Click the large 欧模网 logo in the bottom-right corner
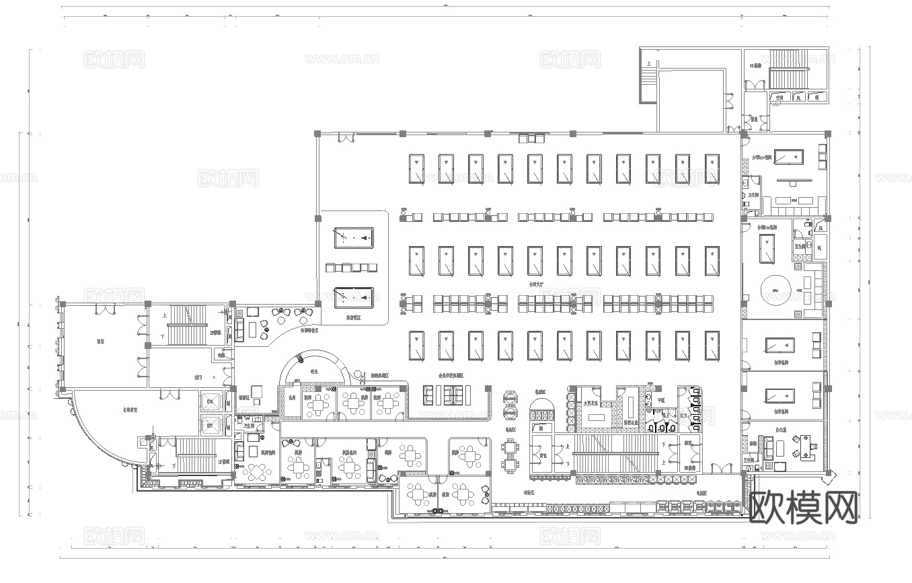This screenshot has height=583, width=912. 803,506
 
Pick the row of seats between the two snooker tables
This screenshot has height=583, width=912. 351,268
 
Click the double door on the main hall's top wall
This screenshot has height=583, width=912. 346,138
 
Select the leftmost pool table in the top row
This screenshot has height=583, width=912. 416,168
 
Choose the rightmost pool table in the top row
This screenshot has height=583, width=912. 712,168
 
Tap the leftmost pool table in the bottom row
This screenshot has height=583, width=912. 416,346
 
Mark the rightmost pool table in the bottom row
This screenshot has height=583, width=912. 712,346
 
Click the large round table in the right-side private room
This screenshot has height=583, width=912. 776,290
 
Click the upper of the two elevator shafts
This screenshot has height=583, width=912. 211,401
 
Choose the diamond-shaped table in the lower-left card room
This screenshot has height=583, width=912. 257,471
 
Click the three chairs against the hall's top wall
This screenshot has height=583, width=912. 531,139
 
